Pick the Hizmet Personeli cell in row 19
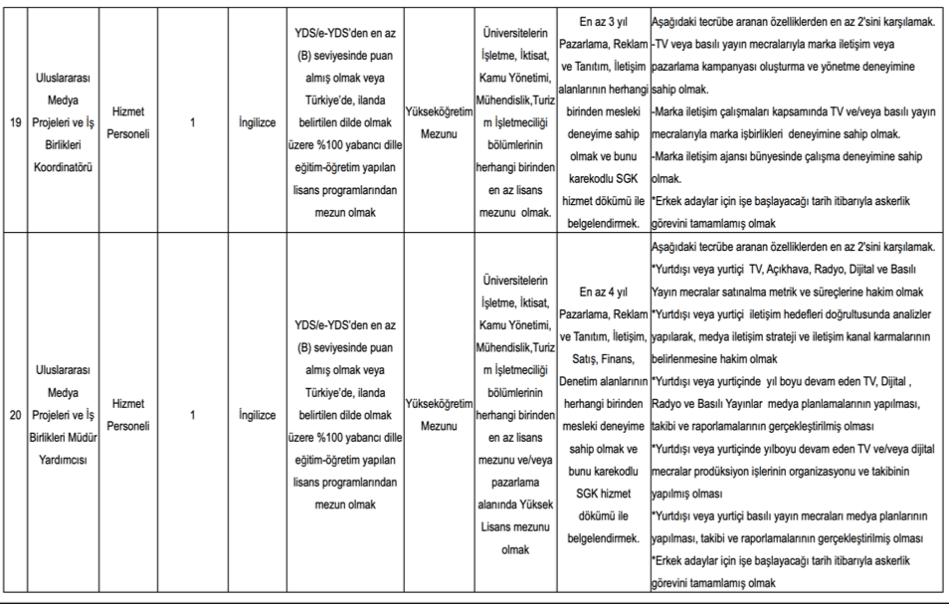pos(129,124)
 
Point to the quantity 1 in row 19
pos(191,124)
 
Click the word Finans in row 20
pos(617,358)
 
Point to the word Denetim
pos(583,380)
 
